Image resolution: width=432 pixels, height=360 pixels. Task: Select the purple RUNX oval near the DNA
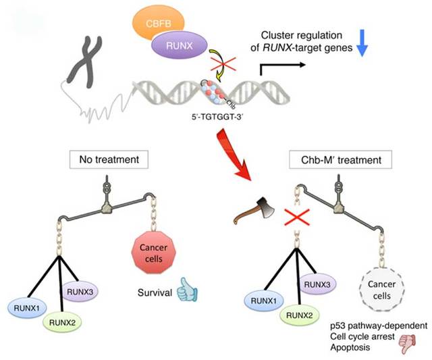tap(179, 45)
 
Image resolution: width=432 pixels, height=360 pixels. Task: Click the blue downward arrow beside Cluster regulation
tap(362, 43)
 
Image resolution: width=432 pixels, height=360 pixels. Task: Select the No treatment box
tap(109, 159)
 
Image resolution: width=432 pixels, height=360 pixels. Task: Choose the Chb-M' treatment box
tap(340, 159)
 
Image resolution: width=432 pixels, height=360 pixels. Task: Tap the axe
tap(254, 211)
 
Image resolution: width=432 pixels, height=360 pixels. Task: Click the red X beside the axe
tap(297, 217)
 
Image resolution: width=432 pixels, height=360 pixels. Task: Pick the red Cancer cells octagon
tap(153, 253)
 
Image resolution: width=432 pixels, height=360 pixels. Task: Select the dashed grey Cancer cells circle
tap(381, 290)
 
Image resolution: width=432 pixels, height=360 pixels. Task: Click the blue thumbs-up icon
tap(187, 290)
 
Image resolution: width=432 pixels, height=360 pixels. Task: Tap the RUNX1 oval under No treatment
tap(27, 307)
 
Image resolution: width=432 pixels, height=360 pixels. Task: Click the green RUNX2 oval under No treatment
tap(62, 322)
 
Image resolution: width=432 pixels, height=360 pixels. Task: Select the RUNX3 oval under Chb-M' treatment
tap(317, 284)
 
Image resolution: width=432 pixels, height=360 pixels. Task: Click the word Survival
tap(155, 292)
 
